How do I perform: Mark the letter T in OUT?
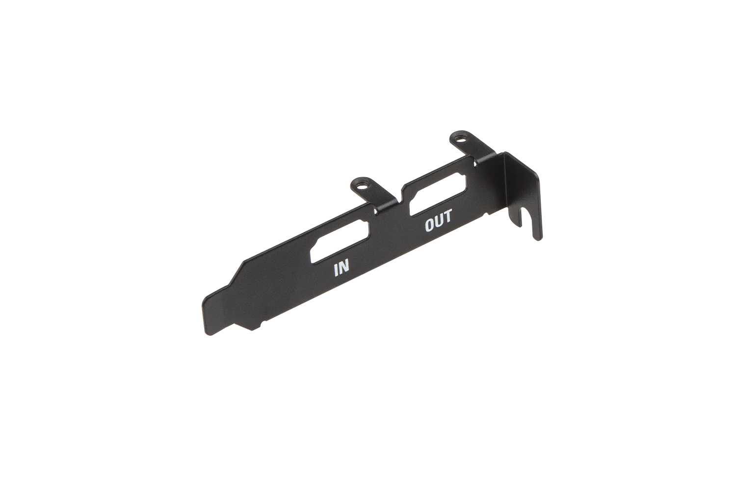coord(448,217)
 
